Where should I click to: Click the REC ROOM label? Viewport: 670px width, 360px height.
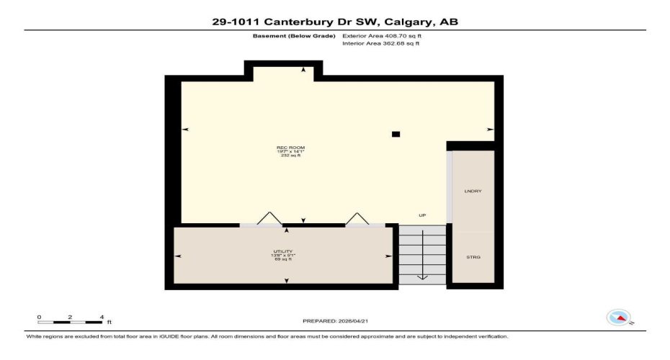(286, 148)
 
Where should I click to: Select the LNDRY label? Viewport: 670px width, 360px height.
(473, 191)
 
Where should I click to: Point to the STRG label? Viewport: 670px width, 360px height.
(473, 257)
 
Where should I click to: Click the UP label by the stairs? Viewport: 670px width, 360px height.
(422, 215)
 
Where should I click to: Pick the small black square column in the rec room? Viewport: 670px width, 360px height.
(396, 134)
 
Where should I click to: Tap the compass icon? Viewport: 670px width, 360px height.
(618, 317)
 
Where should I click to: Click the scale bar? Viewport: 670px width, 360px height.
(71, 321)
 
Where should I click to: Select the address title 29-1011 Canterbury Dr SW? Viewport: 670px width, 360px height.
(334, 22)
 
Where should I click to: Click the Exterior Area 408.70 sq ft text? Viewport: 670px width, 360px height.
(381, 35)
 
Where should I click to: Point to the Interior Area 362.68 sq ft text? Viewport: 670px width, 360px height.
(380, 43)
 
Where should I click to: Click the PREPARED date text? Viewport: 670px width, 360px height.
(334, 320)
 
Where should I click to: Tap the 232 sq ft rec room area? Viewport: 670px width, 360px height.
(286, 156)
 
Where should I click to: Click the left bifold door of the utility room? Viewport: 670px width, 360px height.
(268, 218)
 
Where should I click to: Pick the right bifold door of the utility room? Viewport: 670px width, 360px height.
(356, 218)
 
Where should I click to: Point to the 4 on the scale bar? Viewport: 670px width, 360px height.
(102, 316)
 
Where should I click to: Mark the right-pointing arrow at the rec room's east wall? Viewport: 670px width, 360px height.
(490, 130)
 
